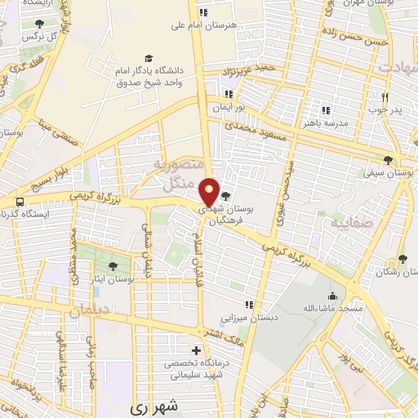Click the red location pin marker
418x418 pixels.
click(210, 191)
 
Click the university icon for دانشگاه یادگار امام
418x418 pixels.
click(149, 58)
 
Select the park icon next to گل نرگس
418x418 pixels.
click(39, 24)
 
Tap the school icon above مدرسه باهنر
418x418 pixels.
click(326, 109)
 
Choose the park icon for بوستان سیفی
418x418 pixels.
click(389, 160)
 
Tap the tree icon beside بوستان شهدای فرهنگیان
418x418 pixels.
click(226, 195)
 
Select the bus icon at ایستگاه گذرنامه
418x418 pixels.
click(16, 200)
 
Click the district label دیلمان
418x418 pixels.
click(89, 311)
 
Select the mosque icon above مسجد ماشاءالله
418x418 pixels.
click(331, 296)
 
